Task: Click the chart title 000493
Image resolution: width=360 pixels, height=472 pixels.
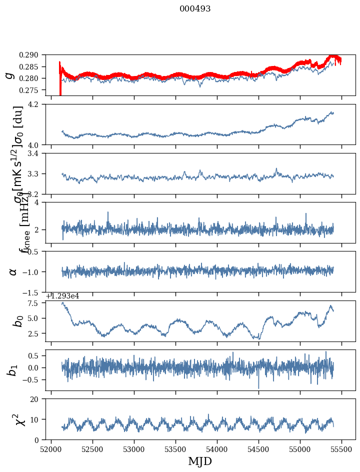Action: tap(195, 9)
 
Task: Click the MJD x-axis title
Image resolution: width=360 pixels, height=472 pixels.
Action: tap(200, 461)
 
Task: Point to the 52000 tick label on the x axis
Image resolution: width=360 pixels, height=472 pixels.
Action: tap(51, 449)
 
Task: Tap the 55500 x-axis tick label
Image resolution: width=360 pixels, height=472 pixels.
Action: tap(342, 449)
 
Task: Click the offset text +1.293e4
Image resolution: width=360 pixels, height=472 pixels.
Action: tap(62, 296)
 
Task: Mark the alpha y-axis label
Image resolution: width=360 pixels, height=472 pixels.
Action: tap(12, 271)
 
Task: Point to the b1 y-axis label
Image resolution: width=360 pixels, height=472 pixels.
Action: tap(9, 370)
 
